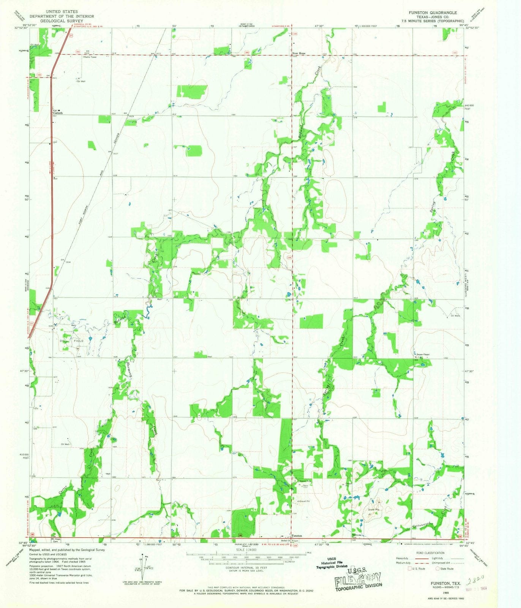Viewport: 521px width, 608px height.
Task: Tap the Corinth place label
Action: [57, 113]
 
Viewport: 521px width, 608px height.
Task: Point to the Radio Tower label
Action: [90, 57]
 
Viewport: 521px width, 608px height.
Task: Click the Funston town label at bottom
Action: [297, 536]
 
